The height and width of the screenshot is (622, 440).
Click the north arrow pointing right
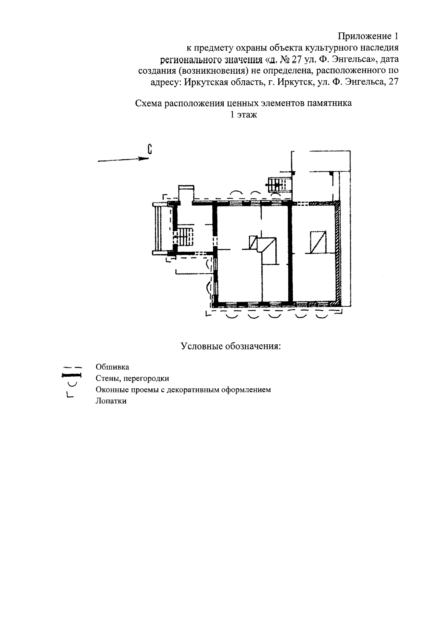tap(123, 160)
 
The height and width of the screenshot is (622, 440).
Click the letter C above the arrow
tap(150, 149)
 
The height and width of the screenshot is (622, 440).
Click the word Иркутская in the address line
tap(203, 82)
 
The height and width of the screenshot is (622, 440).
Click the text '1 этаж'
tap(243, 114)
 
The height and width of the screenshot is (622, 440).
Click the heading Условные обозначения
tap(231, 346)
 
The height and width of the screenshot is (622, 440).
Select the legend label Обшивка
tap(113, 367)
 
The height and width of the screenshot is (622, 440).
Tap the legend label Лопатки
tap(111, 401)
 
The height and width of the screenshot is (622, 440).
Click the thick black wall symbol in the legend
tap(71, 376)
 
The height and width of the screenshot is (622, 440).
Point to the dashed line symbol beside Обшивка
tap(71, 367)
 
